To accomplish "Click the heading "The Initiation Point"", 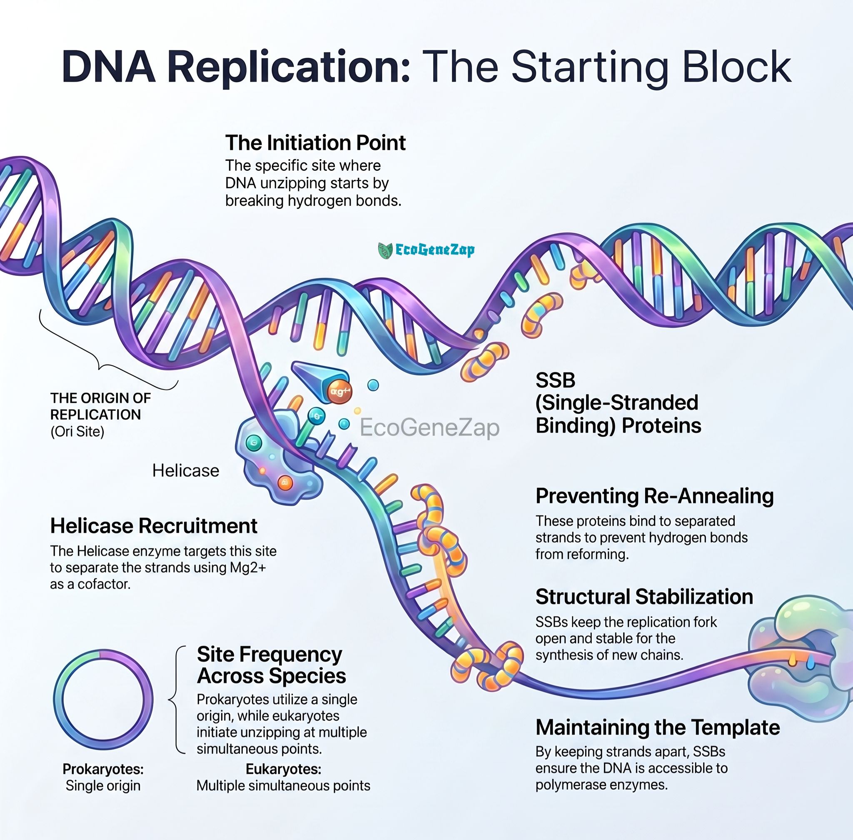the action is point(315,143).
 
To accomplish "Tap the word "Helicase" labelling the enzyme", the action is point(186,471).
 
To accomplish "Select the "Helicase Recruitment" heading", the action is point(154,525).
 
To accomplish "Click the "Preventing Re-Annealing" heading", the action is point(654,496).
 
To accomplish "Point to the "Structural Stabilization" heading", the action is point(644,597).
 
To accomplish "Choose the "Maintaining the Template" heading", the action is point(658,727).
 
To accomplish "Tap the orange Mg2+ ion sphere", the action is point(339,391).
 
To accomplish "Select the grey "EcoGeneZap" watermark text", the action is point(429,427).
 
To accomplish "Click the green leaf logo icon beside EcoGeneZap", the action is point(385,250).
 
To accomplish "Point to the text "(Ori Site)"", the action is point(77,432).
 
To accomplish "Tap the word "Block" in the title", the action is point(736,66).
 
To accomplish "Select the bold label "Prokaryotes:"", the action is point(103,769).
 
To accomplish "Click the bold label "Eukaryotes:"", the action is point(283,769).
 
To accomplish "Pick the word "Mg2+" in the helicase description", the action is point(248,567).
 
